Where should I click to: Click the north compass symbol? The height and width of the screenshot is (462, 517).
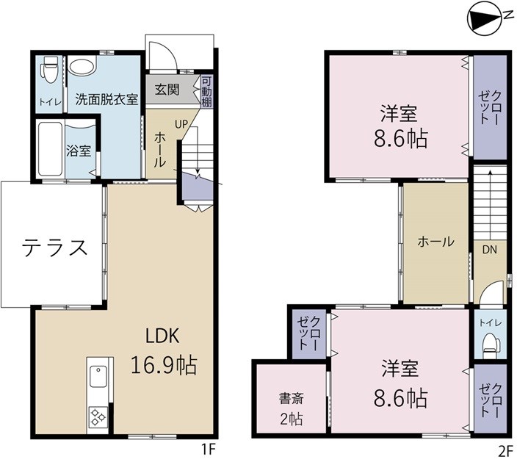(x=486, y=19)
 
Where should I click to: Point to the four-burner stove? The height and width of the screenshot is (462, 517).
(x=98, y=417)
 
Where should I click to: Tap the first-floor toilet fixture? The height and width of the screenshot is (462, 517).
(x=49, y=74)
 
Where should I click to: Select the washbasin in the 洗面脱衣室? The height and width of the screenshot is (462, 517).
(x=82, y=67)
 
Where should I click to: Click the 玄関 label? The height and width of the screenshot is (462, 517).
(x=167, y=90)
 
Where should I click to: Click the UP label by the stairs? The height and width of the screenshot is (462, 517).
(x=181, y=123)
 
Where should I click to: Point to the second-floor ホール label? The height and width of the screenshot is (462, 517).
(x=435, y=242)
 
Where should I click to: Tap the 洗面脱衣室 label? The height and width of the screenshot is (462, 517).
(x=107, y=99)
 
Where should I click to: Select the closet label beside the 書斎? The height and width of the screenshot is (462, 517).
(x=308, y=334)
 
